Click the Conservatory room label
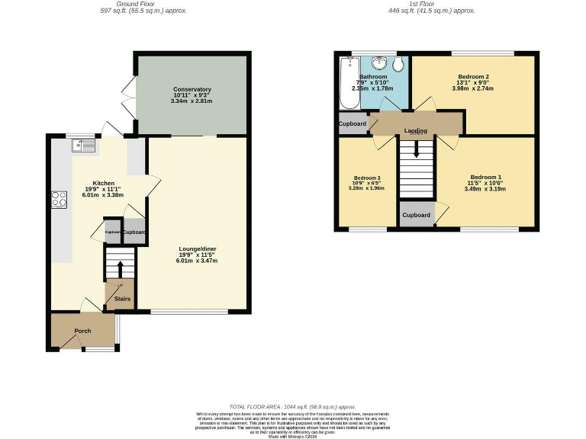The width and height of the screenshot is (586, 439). click(x=192, y=89)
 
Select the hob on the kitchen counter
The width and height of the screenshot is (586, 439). click(x=59, y=200)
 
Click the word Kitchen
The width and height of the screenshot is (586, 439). click(x=104, y=184)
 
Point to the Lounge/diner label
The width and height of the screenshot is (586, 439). click(x=197, y=249)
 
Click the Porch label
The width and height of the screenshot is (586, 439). click(x=82, y=331)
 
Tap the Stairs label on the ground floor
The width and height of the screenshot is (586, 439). click(x=122, y=300)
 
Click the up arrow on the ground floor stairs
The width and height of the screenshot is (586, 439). click(x=120, y=268)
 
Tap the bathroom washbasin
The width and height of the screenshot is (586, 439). click(x=378, y=62)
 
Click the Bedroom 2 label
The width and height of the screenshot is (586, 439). click(x=473, y=77)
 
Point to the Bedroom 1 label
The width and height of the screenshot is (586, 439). click(x=485, y=176)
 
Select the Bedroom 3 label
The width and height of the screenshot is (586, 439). click(x=367, y=178)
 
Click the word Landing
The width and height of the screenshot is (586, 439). click(x=416, y=131)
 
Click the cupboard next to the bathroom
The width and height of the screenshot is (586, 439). click(x=353, y=123)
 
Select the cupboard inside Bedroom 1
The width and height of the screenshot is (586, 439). click(x=416, y=215)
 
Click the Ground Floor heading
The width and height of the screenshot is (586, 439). click(x=143, y=4)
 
